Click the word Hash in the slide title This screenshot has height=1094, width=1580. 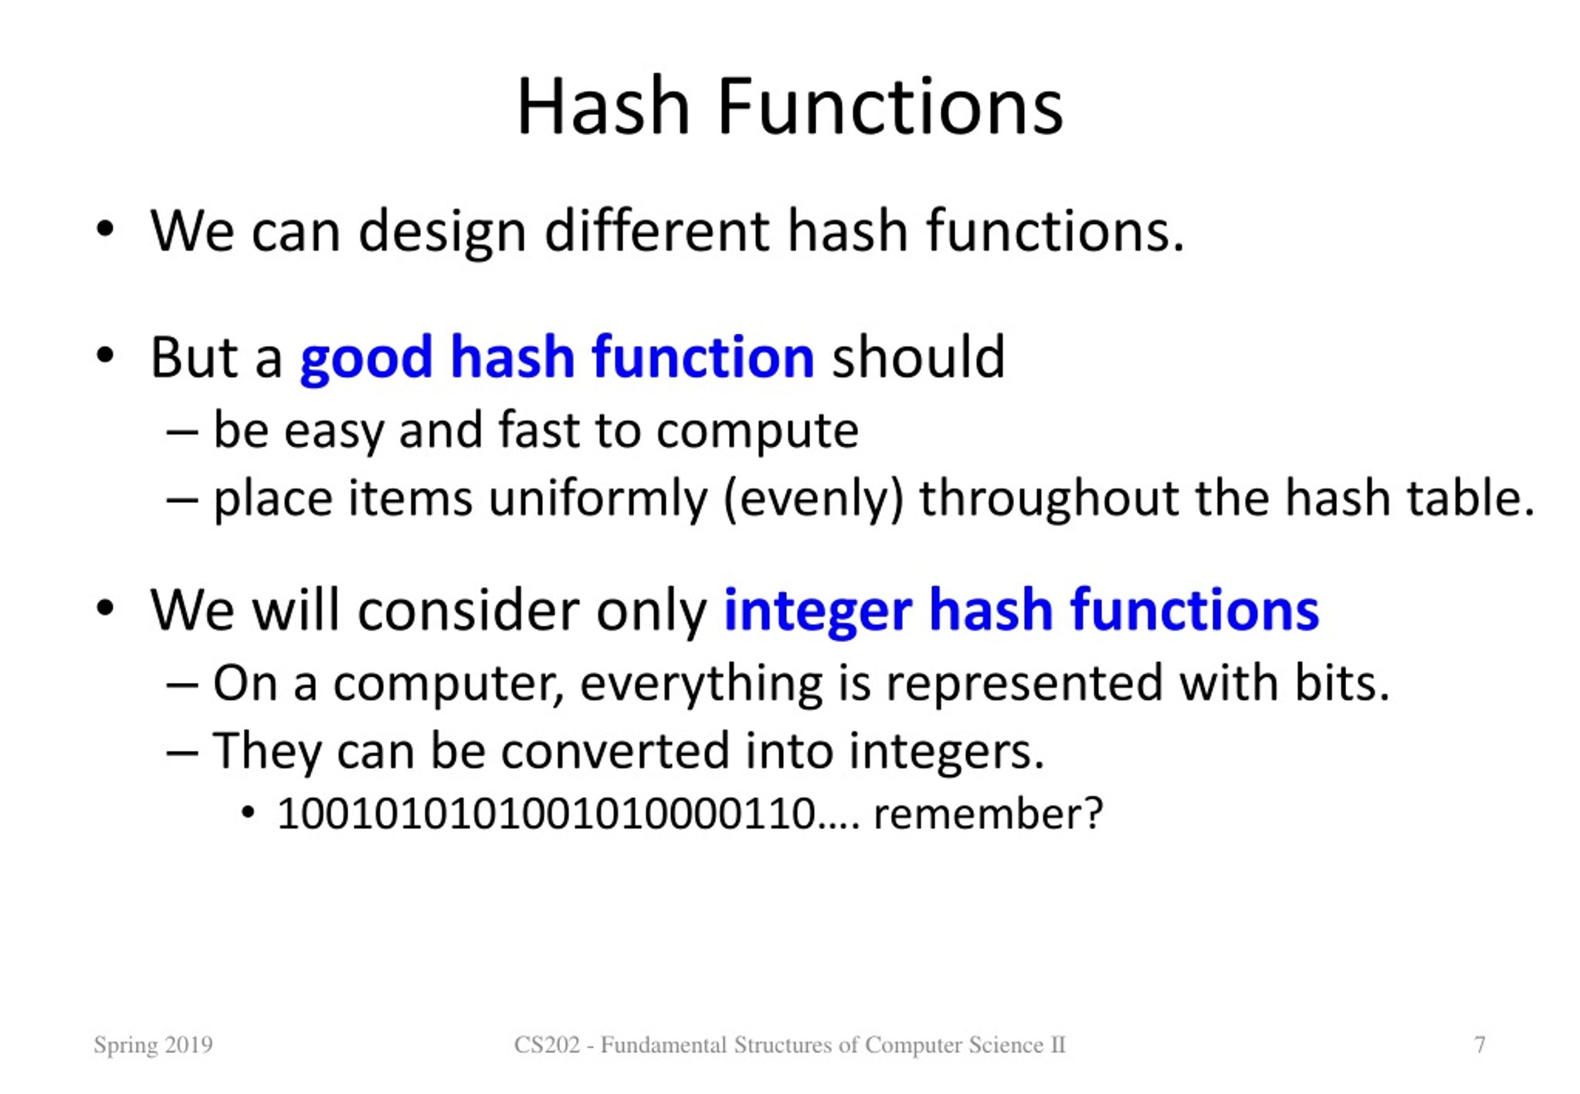pos(602,107)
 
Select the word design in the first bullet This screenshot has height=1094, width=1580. pos(442,232)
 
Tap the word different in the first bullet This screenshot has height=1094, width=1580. pos(657,231)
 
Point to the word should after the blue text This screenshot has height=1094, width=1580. pos(918,358)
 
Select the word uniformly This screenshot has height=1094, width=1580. pos(597,498)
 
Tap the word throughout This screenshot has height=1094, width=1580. pos(1049,498)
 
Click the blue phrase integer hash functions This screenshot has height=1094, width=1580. pos(1021,610)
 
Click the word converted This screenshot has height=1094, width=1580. pos(615,751)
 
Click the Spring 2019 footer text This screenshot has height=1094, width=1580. pos(154,1045)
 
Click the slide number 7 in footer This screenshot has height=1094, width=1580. pos(1479,1045)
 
